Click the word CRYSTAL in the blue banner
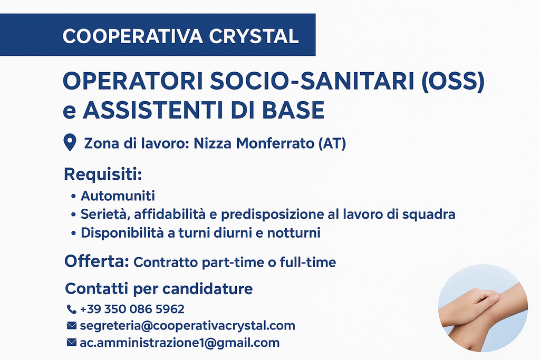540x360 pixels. pyautogui.click(x=254, y=36)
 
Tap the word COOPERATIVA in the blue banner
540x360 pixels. pyautogui.click(x=132, y=36)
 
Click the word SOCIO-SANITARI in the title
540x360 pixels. pyautogui.click(x=312, y=81)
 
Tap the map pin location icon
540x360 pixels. pyautogui.click(x=70, y=142)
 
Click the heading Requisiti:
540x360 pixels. pyautogui.click(x=103, y=174)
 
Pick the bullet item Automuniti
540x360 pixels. pyautogui.click(x=118, y=196)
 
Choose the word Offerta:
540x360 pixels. pyautogui.click(x=97, y=261)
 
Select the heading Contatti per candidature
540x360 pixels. pyautogui.click(x=159, y=288)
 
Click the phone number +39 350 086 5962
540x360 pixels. pyautogui.click(x=132, y=309)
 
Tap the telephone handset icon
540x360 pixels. pyautogui.click(x=71, y=309)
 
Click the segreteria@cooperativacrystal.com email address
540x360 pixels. pyautogui.click(x=187, y=326)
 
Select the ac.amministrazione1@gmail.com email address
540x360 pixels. pyautogui.click(x=179, y=343)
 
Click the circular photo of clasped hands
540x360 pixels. pyautogui.click(x=483, y=308)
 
